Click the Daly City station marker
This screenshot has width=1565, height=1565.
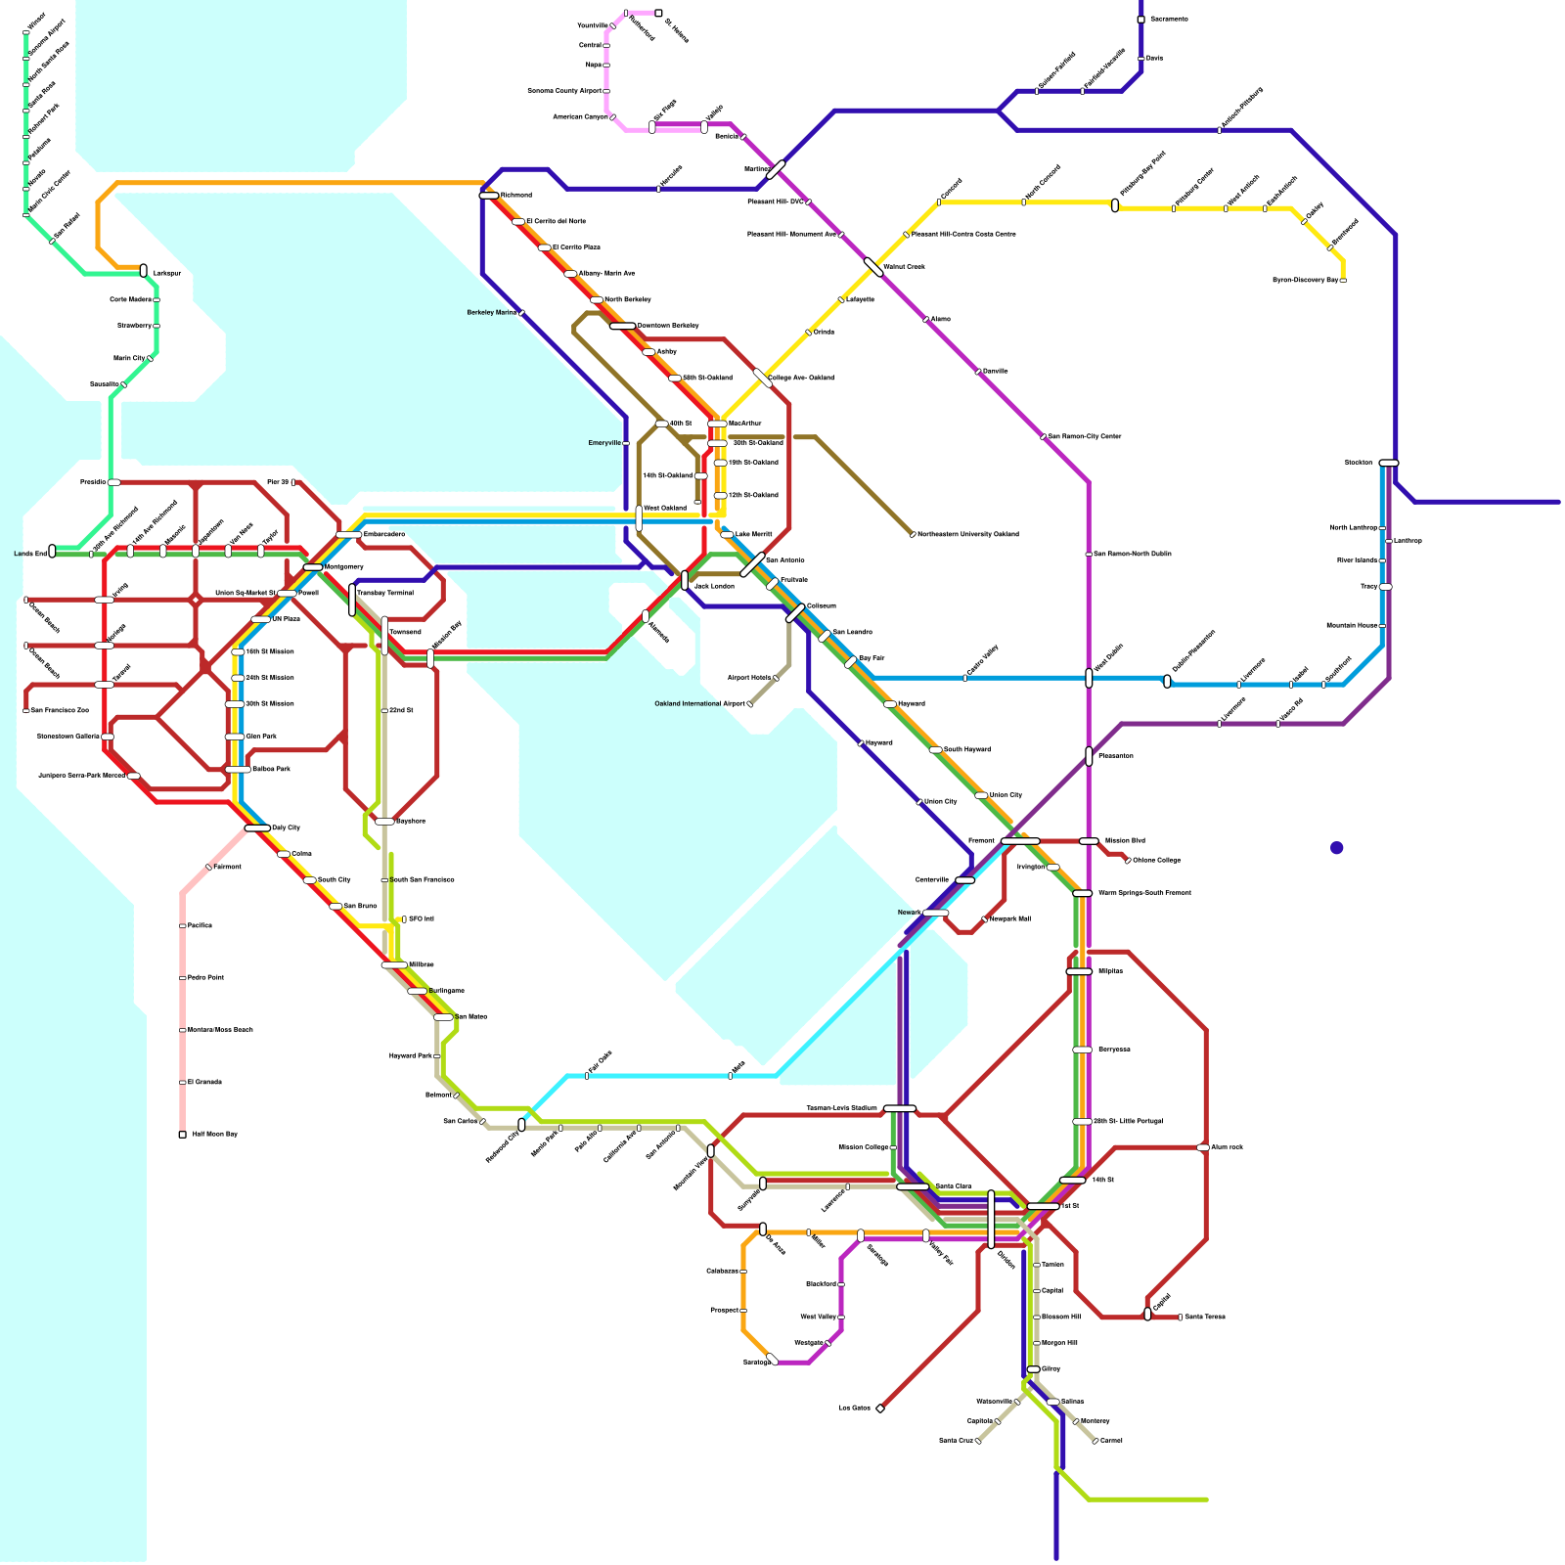(257, 827)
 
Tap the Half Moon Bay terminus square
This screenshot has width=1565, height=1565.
(183, 1135)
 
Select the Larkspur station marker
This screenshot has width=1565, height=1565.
(144, 270)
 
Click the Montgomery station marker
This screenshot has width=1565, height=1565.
(313, 567)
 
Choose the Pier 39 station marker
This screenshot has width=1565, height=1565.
(293, 482)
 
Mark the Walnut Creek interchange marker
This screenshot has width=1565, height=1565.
(873, 267)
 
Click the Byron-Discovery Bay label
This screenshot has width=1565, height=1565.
(1305, 281)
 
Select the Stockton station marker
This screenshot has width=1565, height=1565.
(1388, 463)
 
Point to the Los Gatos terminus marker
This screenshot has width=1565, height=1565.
(880, 1408)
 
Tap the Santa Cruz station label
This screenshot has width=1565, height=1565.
(955, 1441)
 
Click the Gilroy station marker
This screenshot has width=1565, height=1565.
(1034, 1369)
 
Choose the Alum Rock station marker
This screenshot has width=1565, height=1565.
(1204, 1147)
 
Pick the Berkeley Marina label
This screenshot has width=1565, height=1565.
(492, 313)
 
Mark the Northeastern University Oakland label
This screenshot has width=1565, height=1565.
(967, 534)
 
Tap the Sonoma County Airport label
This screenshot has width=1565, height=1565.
(564, 91)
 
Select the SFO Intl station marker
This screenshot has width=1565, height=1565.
(404, 919)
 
